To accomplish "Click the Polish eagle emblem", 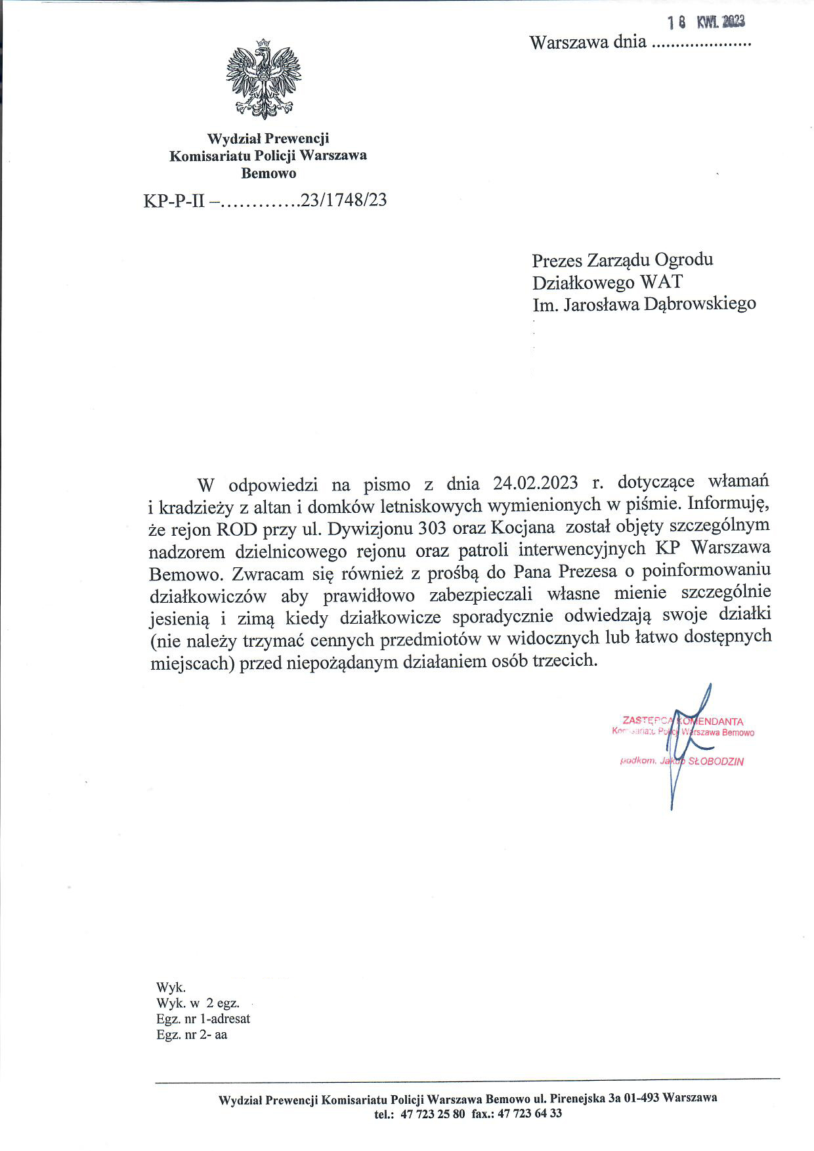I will point(263,79).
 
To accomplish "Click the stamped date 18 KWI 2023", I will point(706,22).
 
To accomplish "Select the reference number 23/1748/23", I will point(343,200).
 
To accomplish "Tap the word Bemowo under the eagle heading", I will point(268,173).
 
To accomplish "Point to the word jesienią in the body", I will point(180,617).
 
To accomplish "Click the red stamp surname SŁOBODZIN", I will point(715,762).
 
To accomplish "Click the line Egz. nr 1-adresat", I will point(203,1019).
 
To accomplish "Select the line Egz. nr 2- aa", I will point(192,1035).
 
